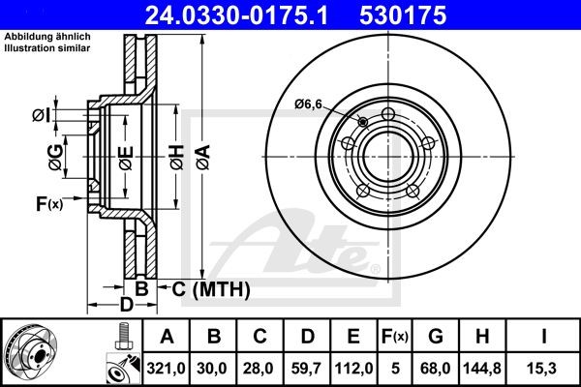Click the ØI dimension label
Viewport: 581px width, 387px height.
coord(41,116)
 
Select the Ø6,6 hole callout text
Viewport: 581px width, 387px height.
coord(309,104)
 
